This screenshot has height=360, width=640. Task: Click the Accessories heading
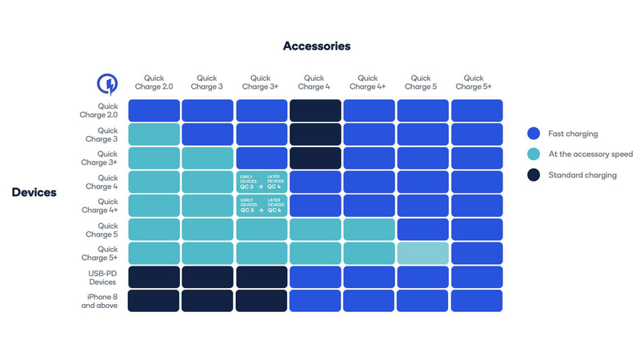[316, 46]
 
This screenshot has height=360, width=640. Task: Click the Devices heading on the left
[34, 192]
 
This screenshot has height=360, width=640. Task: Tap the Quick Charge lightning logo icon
[106, 83]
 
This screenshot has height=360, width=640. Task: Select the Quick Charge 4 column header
[315, 82]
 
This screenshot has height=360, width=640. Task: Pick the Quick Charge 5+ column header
[477, 82]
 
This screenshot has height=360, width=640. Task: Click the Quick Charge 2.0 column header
[154, 82]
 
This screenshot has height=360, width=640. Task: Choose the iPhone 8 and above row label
[99, 301]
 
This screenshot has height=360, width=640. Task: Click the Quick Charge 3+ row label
[107, 158]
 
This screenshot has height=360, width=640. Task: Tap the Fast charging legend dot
[534, 134]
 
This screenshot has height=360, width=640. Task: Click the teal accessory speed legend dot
[534, 154]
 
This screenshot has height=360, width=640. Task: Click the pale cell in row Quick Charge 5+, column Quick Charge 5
[423, 254]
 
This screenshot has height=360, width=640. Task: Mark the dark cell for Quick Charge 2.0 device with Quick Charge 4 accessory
[315, 110]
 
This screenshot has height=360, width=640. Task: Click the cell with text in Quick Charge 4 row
[262, 182]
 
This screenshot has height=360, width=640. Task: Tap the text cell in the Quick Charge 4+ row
[262, 206]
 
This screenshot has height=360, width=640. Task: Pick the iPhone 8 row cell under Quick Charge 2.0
[154, 301]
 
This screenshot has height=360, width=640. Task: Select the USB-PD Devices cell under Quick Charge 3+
[262, 277]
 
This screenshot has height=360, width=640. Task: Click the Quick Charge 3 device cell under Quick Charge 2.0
[154, 134]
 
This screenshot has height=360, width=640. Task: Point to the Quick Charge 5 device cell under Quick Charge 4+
[370, 230]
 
